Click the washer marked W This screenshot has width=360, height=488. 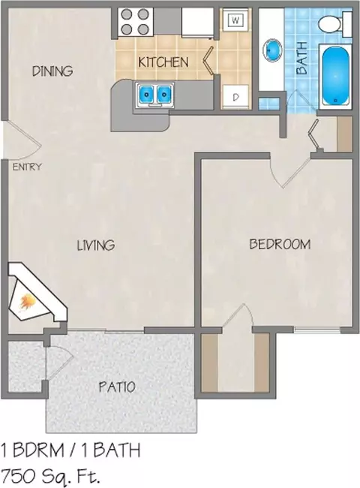point(236,20)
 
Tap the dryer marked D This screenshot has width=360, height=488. point(236,97)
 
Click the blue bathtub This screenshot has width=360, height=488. point(335,76)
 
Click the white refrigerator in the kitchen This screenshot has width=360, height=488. point(198,23)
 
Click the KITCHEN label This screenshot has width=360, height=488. point(163,62)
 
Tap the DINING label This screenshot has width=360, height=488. point(52,71)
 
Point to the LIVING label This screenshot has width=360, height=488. point(96,245)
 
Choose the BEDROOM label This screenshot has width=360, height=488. point(280,244)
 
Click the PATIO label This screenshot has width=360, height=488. point(117,387)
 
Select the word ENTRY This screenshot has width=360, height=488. point(27,167)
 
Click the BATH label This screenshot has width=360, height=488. point(301,58)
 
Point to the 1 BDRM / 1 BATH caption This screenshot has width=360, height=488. point(70,450)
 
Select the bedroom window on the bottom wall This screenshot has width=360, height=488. point(317,330)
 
